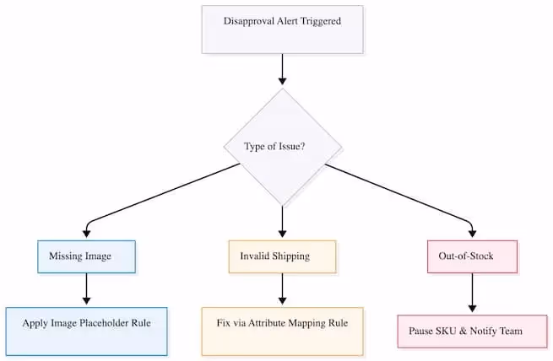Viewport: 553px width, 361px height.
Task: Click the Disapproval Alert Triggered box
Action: pyautogui.click(x=282, y=30)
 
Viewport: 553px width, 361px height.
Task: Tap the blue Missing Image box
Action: pyautogui.click(x=85, y=256)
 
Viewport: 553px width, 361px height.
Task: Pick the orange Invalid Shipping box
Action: pyautogui.click(x=282, y=256)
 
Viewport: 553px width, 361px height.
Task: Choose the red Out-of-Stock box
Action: pyautogui.click(x=470, y=256)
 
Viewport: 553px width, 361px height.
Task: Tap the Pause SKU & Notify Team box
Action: pyautogui.click(x=470, y=331)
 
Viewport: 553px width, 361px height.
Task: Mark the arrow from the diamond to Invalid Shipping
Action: pyautogui.click(x=282, y=221)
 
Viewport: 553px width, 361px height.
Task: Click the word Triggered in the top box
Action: pyautogui.click(x=319, y=20)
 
